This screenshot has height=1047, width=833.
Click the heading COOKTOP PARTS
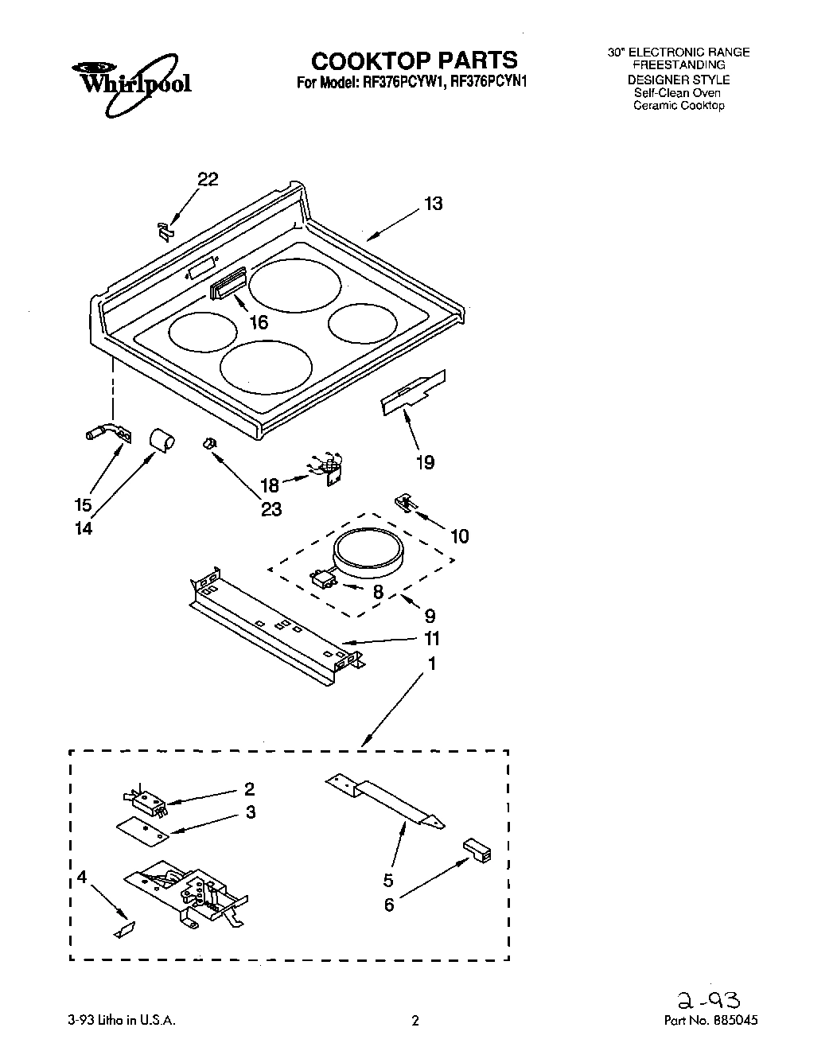(414, 60)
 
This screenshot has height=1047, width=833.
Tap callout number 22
(208, 180)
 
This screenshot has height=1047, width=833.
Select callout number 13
(433, 204)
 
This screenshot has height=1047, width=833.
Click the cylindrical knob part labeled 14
(162, 440)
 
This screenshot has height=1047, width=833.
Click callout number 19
(425, 462)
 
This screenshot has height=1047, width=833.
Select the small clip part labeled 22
(165, 231)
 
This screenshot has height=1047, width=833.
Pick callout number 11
(432, 639)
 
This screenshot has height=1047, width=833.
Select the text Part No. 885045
(710, 1020)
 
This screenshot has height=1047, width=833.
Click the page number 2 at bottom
(415, 1020)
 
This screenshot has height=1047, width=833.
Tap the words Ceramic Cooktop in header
(679, 106)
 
